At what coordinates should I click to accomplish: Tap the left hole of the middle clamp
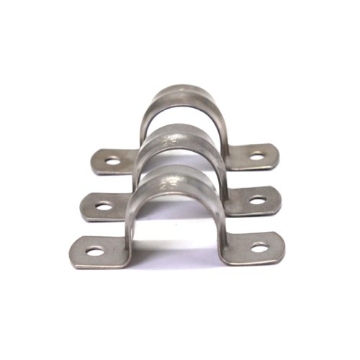(104, 206)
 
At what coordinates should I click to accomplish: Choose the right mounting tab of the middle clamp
(253, 199)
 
